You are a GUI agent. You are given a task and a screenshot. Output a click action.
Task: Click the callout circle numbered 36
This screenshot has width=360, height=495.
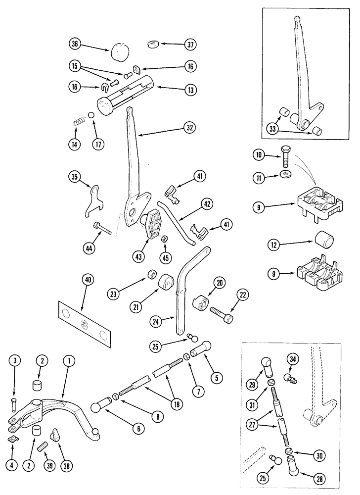click(75, 44)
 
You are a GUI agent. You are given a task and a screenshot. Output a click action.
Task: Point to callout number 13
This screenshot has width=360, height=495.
click(190, 90)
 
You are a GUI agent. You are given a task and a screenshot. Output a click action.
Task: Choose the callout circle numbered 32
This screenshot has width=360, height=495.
click(189, 127)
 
